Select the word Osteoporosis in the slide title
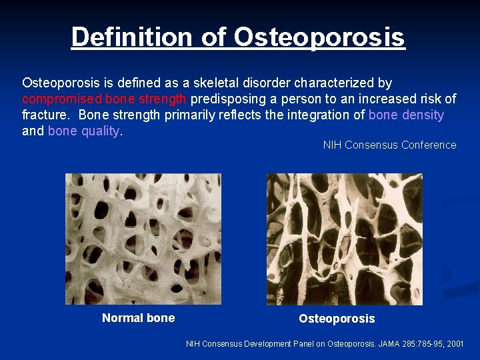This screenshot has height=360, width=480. click(x=319, y=37)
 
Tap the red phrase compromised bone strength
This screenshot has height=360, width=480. click(x=105, y=99)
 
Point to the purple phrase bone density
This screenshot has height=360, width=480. click(x=406, y=115)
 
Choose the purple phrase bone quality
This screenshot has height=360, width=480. click(x=83, y=131)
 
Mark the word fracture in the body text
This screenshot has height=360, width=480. click(x=45, y=115)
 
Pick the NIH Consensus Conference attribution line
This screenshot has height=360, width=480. click(x=389, y=145)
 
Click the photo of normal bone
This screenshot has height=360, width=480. click(x=143, y=239)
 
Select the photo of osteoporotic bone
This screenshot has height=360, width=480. click(x=344, y=239)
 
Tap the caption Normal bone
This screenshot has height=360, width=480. click(x=138, y=318)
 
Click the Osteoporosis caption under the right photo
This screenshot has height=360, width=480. click(x=337, y=319)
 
